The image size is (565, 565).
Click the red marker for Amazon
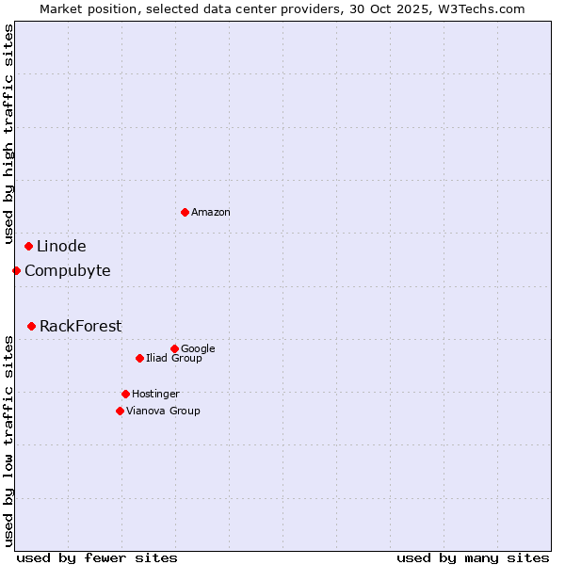click(x=185, y=212)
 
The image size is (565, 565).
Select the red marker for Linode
click(x=28, y=247)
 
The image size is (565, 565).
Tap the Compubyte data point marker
click(x=16, y=271)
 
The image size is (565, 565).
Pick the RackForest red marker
click(x=31, y=327)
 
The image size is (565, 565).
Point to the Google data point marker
click(x=174, y=348)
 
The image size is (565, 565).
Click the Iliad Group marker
click(x=139, y=358)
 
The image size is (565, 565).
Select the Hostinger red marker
click(x=125, y=394)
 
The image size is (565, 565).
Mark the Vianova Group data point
click(x=120, y=411)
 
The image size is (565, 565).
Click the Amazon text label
click(x=211, y=213)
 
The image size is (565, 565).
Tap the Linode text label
click(x=61, y=247)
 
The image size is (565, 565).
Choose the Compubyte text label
click(x=67, y=271)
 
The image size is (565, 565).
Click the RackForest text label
click(x=80, y=327)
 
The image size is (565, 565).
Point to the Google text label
click(x=198, y=349)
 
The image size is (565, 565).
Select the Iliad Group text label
click(x=174, y=358)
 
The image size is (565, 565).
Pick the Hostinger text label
click(x=155, y=394)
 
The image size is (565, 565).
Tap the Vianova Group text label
click(x=163, y=411)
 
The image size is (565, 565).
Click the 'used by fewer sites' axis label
click(x=97, y=557)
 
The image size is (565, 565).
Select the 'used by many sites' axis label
click(x=473, y=557)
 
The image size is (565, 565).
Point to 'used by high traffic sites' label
click(x=9, y=135)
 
